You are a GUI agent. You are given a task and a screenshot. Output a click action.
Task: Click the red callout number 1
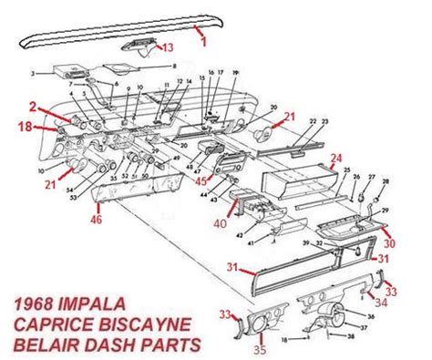(203, 41)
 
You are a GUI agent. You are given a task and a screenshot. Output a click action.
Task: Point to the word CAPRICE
(51, 324)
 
